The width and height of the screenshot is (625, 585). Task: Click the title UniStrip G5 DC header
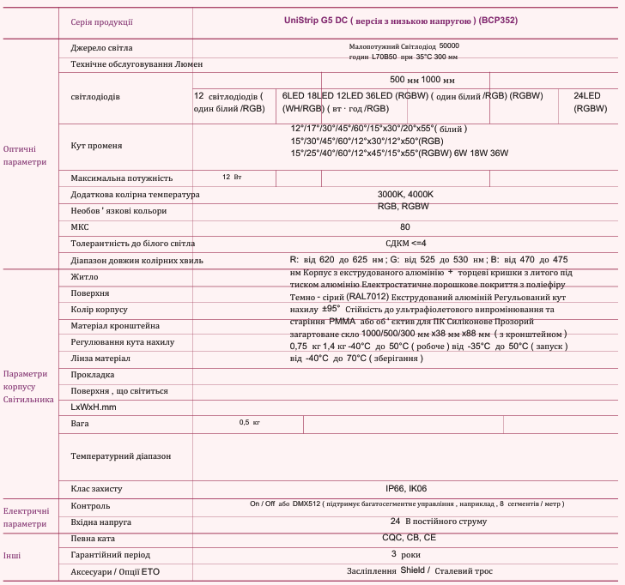tap(400, 20)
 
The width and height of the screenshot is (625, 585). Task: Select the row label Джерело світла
tap(101, 48)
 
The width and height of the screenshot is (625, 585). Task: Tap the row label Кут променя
tap(96, 146)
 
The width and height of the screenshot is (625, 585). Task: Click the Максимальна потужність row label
tap(121, 178)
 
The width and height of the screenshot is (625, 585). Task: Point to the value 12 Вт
tap(232, 178)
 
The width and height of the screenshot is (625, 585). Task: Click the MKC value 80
tap(404, 227)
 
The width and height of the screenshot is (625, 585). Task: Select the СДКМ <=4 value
tap(405, 244)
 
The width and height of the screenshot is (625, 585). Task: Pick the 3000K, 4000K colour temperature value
tap(405, 195)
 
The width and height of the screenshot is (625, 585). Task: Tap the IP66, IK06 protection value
tap(405, 489)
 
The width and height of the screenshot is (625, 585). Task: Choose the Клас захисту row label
tap(96, 489)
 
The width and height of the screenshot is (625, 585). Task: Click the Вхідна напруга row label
tap(100, 522)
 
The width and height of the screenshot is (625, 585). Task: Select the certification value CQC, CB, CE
tap(409, 538)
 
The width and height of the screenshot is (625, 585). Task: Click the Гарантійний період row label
tap(110, 554)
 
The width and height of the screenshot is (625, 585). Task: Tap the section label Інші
tap(12, 555)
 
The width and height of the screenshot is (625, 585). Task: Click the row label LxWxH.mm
tap(93, 407)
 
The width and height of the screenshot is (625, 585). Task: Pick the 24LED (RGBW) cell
tap(591, 102)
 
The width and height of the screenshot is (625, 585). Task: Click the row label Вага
tap(80, 424)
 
